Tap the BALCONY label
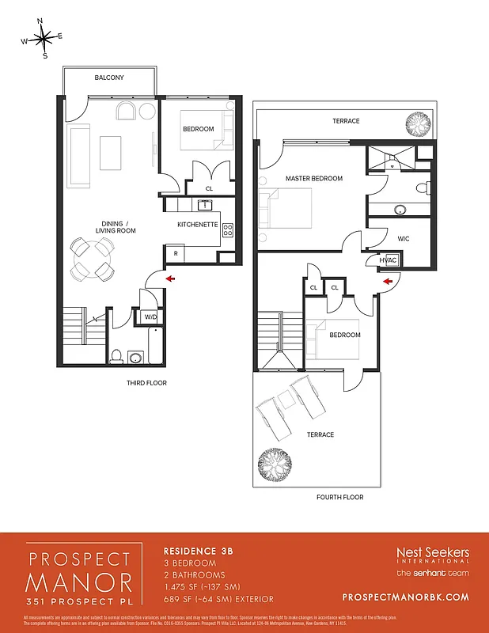tap(108, 78)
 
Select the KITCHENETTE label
tap(197, 225)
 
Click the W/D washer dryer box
tap(149, 317)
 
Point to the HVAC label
tap(388, 260)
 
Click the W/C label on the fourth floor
tap(403, 238)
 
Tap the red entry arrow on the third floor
tap(169, 278)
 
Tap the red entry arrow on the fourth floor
tap(388, 280)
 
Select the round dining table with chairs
tap(92, 258)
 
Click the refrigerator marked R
tap(175, 253)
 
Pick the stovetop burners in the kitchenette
tap(228, 230)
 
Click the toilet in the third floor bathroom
tap(118, 357)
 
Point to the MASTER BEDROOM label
tap(314, 179)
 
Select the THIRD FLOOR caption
tap(146, 383)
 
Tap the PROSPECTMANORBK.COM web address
tap(407, 597)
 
